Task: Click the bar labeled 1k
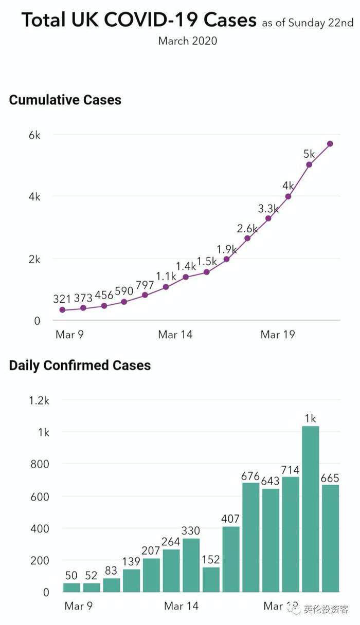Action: click(x=310, y=509)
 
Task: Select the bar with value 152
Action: click(x=211, y=579)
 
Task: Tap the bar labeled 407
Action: click(x=231, y=559)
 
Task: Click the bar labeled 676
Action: click(x=250, y=537)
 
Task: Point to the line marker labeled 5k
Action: click(x=309, y=164)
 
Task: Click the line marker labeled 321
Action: click(x=62, y=310)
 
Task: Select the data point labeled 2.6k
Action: click(x=247, y=238)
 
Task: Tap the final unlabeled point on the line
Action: click(x=330, y=143)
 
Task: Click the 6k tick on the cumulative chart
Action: click(x=34, y=135)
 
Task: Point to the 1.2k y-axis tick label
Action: click(x=39, y=400)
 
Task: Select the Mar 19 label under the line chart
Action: click(x=278, y=335)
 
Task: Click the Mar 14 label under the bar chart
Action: click(x=181, y=606)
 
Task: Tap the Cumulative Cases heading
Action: click(x=65, y=100)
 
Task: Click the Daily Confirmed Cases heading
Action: click(x=80, y=365)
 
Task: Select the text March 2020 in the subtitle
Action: click(x=188, y=41)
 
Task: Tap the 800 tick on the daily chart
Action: click(x=39, y=464)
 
